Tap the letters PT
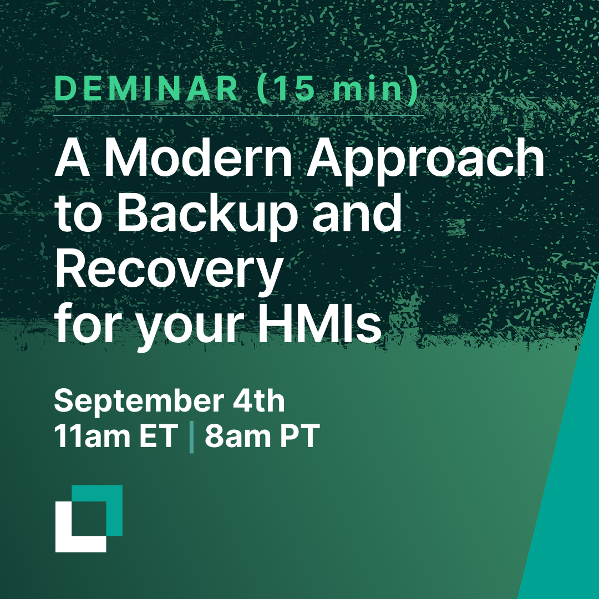click(299, 436)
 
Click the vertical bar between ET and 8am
click(191, 438)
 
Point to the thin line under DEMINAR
click(238, 115)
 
